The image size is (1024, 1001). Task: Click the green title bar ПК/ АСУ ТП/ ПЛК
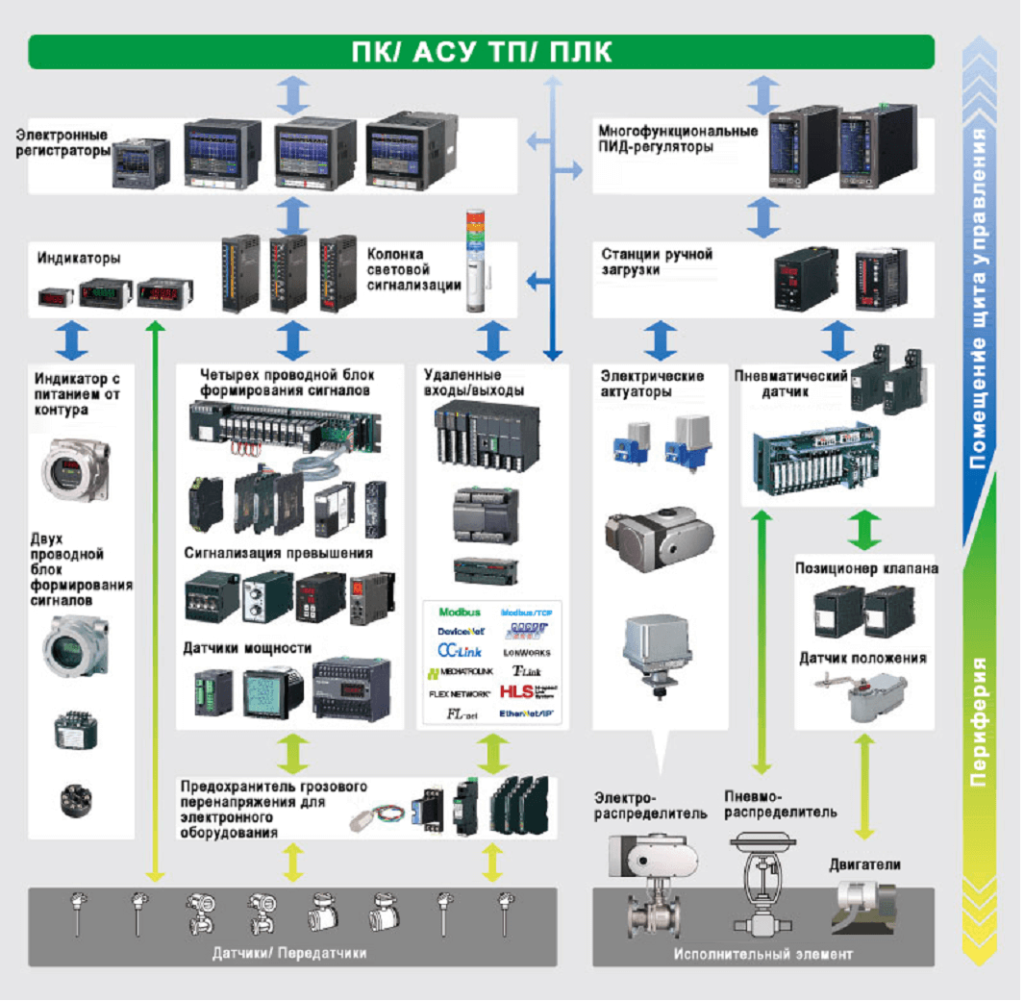pyautogui.click(x=481, y=52)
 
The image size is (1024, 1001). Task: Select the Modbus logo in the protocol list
pyautogui.click(x=459, y=612)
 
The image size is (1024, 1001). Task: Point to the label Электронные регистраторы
pyautogui.click(x=62, y=143)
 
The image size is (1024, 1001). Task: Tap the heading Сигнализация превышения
pyautogui.click(x=279, y=554)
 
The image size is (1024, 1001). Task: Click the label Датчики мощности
pyautogui.click(x=247, y=648)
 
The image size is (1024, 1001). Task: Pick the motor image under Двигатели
pyautogui.click(x=862, y=907)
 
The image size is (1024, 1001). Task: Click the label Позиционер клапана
pyautogui.click(x=866, y=568)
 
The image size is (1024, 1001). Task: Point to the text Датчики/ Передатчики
pyautogui.click(x=289, y=953)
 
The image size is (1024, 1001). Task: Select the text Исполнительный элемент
pyautogui.click(x=762, y=954)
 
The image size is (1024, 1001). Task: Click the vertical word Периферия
pyautogui.click(x=980, y=721)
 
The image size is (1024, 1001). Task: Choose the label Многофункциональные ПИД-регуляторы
pyautogui.click(x=678, y=138)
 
